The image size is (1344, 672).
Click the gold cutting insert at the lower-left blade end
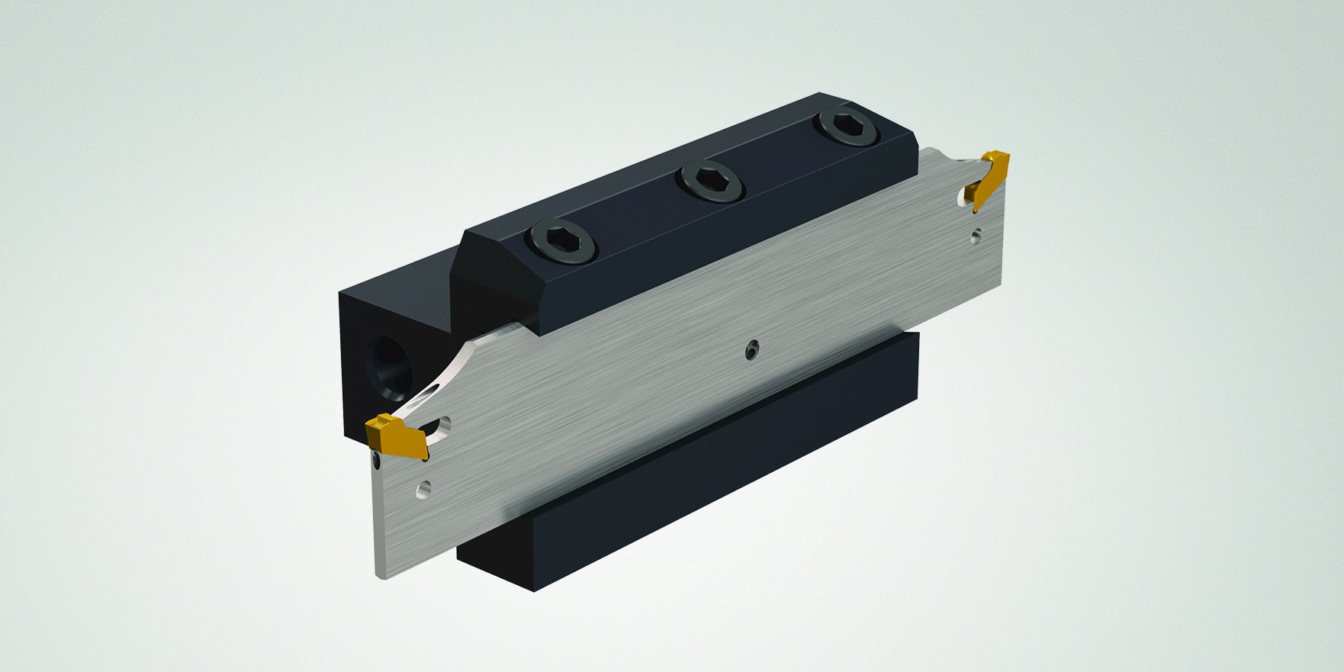tap(396, 438)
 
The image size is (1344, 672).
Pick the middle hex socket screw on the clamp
tap(709, 182)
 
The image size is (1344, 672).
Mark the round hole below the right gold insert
tap(976, 238)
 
